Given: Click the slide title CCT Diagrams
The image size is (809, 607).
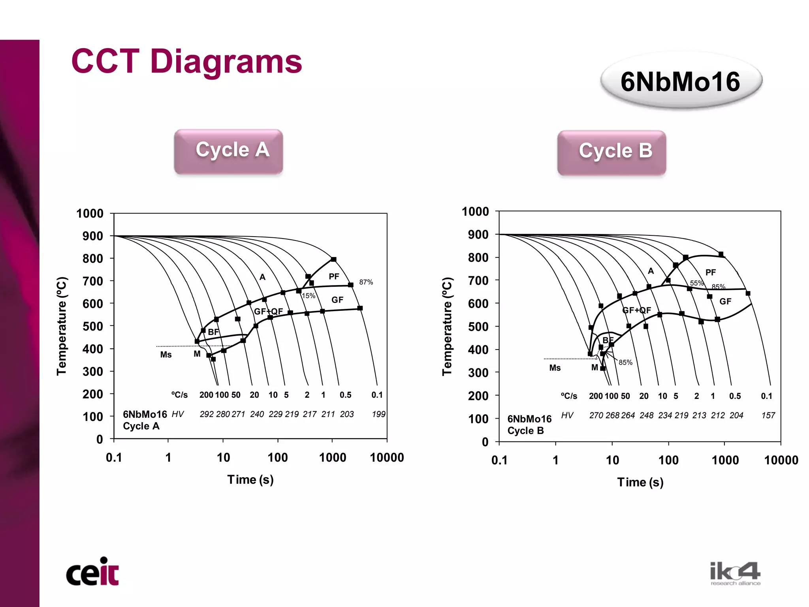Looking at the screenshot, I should point(186,62).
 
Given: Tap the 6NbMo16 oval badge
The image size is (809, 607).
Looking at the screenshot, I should point(680,82).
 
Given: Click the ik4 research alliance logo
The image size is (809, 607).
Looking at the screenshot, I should point(735,573).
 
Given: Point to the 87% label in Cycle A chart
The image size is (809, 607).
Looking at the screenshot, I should point(366,282).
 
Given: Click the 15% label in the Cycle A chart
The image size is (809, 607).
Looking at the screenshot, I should point(309,296).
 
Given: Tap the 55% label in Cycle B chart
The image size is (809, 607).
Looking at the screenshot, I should point(697,283).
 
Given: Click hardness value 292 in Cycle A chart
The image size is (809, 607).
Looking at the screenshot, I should point(207,414).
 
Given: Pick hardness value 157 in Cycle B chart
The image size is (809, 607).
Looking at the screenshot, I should point(768,415).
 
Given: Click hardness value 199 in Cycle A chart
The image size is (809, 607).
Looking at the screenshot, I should point(378,414).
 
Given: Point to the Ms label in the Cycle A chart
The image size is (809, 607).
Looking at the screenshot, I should point(166,355).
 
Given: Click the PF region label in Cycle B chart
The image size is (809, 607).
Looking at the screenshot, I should point(710,272).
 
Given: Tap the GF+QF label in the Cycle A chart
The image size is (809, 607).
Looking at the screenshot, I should point(268,311).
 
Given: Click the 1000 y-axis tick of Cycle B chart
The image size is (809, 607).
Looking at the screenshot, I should point(475,212).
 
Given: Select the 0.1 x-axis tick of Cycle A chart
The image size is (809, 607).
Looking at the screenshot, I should point(114,457).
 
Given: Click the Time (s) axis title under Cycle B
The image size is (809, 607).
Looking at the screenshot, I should point(640,482).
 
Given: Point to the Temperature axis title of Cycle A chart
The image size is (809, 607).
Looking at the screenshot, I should point(62,326).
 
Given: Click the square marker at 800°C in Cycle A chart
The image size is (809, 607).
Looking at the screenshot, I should point(333,259).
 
